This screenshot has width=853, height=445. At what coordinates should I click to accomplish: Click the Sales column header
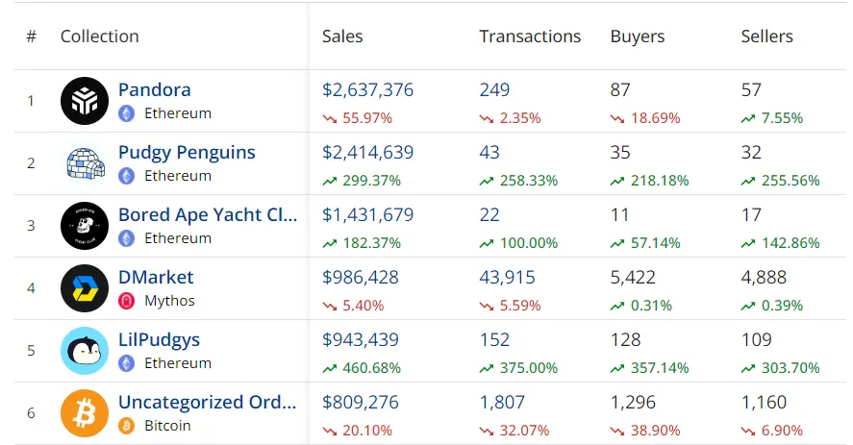tap(342, 37)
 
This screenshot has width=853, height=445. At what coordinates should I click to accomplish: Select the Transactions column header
tap(530, 37)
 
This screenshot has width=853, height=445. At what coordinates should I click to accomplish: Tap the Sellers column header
tap(766, 37)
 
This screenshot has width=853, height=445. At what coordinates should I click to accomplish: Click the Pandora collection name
tap(155, 89)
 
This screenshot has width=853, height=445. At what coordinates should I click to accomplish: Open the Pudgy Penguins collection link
tap(187, 152)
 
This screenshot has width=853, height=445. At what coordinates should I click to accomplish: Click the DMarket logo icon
tap(85, 287)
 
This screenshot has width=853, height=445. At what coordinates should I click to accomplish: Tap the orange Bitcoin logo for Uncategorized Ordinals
tap(85, 412)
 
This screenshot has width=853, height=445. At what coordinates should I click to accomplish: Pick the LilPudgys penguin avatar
tap(85, 350)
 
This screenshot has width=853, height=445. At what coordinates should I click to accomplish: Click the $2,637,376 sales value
tap(367, 89)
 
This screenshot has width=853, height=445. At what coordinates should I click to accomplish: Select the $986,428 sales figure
tap(360, 277)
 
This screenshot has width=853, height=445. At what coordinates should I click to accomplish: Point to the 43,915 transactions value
tap(507, 277)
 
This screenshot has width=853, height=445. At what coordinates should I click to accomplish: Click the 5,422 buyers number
tap(633, 277)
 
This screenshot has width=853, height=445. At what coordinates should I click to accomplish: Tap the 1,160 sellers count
tap(764, 402)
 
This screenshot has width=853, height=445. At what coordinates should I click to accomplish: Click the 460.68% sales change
tap(370, 368)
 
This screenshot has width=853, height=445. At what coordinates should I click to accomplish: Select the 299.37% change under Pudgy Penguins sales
tap(370, 181)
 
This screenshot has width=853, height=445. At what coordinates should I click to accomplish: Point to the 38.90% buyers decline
tap(654, 431)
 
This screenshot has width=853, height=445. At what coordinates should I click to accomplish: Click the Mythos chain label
tap(169, 301)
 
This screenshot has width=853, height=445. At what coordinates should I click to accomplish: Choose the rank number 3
tap(31, 225)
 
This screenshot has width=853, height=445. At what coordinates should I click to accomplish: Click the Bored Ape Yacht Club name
tap(208, 214)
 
